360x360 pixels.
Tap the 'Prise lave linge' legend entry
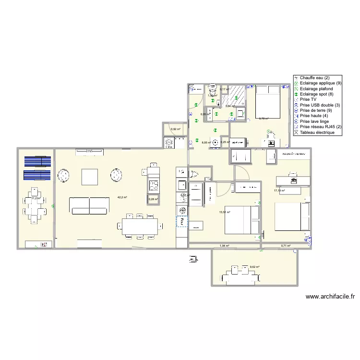coord(314,121)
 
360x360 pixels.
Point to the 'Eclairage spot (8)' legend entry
coord(317,94)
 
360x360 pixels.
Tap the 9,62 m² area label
coord(254,267)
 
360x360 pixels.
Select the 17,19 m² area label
coord(279,191)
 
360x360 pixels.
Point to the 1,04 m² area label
coord(224,246)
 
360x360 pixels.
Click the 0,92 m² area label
coord(176,129)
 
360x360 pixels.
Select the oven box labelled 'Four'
coord(182,221)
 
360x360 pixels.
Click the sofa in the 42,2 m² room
coord(89,205)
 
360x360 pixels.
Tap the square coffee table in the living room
coord(90,177)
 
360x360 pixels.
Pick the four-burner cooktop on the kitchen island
coord(153,185)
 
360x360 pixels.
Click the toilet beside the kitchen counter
coord(194,174)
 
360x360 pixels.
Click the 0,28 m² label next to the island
coord(153,199)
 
